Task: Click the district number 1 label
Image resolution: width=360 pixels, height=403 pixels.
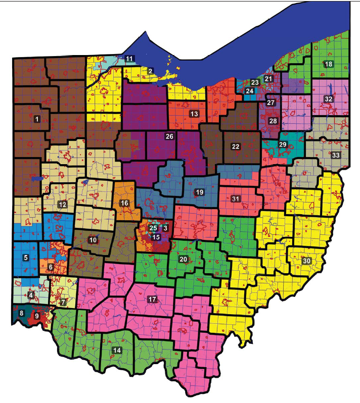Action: coord(37,120)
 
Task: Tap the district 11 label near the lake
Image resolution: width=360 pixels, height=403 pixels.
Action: coord(129,59)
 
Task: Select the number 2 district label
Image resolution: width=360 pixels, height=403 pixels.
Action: coord(150,71)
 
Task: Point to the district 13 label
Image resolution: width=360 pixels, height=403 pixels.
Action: coord(194,113)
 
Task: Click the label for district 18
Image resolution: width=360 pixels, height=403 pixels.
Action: coord(328,64)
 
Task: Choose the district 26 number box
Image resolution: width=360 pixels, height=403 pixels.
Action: coord(169,136)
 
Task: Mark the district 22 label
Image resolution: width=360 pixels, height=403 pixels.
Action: coord(236,146)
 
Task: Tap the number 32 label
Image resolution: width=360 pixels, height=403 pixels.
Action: coord(328,99)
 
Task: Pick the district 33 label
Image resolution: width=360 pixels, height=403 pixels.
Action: coord(335,155)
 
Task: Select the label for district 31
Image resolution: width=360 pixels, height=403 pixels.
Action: coord(235,198)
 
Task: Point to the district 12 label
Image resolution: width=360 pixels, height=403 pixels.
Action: coord(62,205)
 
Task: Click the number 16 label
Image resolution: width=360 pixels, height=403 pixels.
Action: coord(124,203)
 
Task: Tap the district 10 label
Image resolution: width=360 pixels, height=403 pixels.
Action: coord(93,239)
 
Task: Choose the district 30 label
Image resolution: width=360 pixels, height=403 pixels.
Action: coord(306,261)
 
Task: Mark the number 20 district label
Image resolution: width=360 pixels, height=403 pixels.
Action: coord(184,259)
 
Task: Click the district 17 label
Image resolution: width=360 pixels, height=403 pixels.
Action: coord(153,299)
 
